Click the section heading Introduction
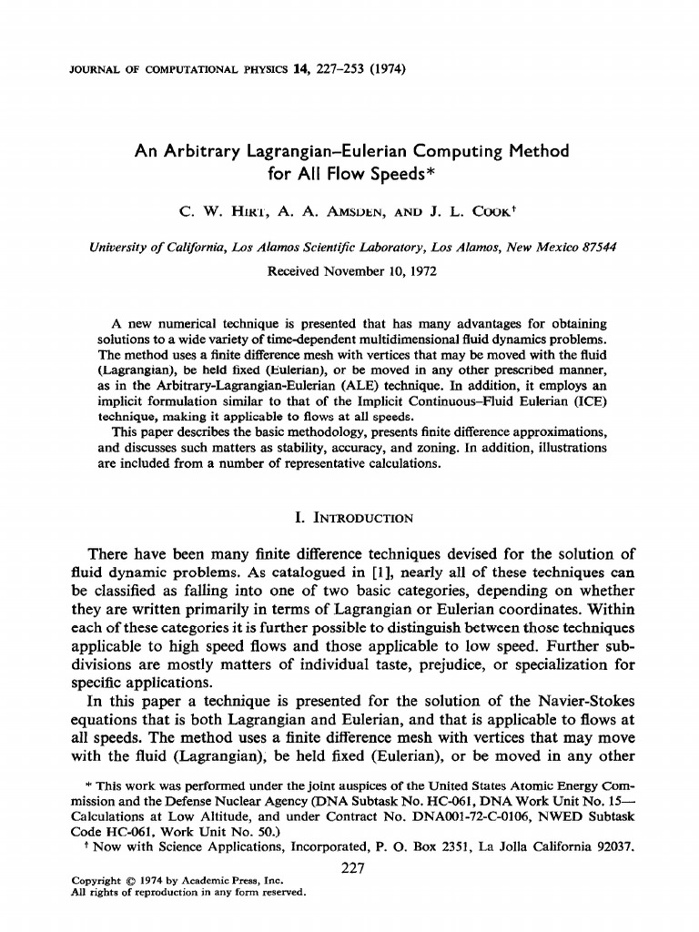click(362, 519)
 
